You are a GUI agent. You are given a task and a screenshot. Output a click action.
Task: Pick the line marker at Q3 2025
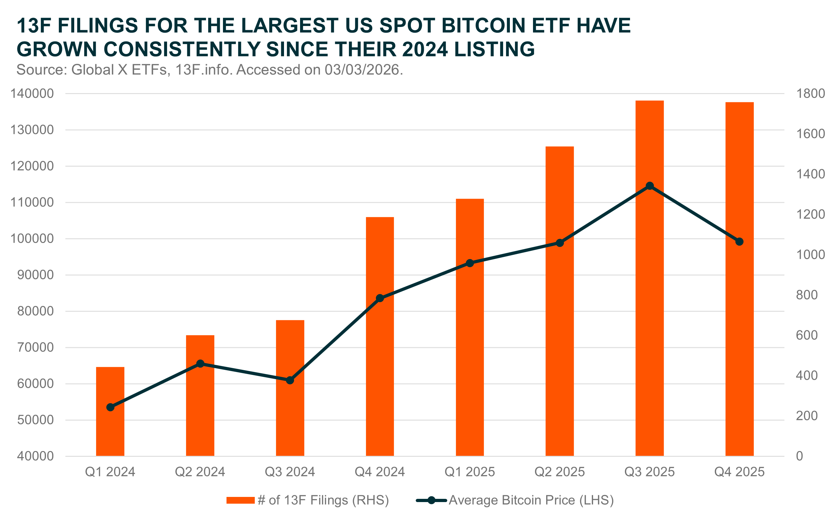650,186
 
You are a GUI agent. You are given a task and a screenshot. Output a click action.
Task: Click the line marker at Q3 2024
290,380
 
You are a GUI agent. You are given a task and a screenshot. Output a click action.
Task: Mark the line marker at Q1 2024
110,407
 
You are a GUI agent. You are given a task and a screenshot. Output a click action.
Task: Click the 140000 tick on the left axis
32,94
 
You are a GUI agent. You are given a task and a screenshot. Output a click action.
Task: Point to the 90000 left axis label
36,275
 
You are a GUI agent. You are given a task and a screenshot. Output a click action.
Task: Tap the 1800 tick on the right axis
810,94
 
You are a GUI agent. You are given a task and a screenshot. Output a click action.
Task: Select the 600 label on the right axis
807,335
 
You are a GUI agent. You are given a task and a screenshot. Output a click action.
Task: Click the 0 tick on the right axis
799,456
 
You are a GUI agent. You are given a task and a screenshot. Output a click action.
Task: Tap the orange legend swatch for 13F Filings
240,500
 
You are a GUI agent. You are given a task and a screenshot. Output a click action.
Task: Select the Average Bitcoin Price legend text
531,500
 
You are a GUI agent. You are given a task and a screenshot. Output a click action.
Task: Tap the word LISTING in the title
494,49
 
